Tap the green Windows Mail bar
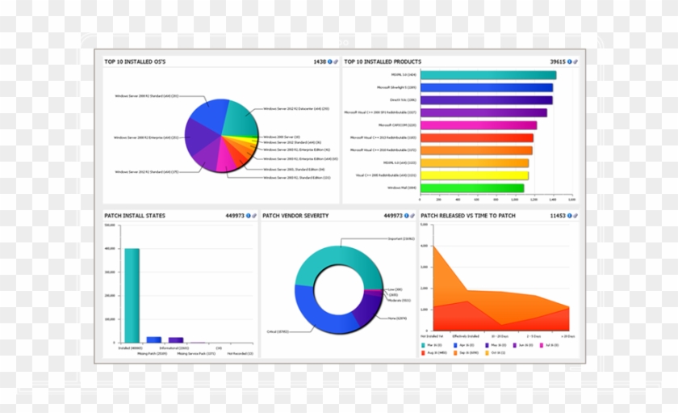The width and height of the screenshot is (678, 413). coord(471,188)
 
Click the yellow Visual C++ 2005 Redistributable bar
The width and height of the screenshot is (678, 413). coord(474,175)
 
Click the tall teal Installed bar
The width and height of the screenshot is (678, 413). coord(132,295)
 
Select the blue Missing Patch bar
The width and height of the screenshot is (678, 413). coord(153,339)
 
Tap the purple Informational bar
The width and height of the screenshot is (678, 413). coord(175,340)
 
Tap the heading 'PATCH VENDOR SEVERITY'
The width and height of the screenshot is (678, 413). coord(295,216)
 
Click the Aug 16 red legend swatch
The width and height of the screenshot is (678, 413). coord(423,353)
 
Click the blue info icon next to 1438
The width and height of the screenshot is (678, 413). coord(330,61)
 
